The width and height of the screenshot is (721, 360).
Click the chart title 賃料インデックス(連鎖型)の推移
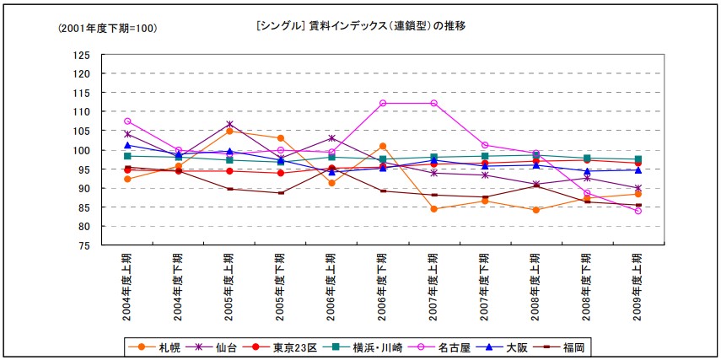(359, 26)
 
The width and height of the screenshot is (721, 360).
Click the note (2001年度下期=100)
(108, 29)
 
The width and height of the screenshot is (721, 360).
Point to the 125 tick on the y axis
(82, 55)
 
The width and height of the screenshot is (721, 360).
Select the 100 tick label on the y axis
(82, 150)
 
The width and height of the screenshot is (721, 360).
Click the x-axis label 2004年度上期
(127, 287)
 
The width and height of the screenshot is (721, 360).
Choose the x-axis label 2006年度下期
(383, 287)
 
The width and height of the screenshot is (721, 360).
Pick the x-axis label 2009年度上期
(638, 287)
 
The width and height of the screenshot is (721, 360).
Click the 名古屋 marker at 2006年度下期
(383, 103)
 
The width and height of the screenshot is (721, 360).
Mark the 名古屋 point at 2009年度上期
(638, 211)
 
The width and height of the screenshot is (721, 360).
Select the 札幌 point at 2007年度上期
(433, 209)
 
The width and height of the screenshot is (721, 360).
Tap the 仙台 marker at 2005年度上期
(229, 125)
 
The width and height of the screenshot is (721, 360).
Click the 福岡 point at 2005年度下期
(281, 193)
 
